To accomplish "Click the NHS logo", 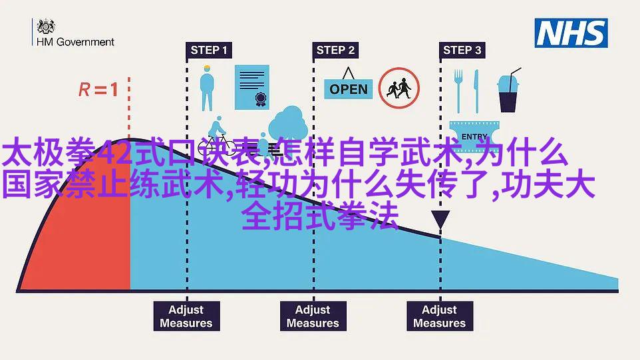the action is pos(571,33).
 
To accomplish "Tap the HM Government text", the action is pos(76,42).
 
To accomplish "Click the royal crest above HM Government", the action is pos(46,26).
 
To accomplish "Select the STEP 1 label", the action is pos(209,50).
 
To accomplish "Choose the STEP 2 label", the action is pos(335,50).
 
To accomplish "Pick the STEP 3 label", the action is pos(462,50).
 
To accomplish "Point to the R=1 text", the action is pos(98,89).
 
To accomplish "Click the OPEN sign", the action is pos(349,85).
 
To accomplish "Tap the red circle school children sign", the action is pos(399,88).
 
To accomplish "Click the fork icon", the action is pos(459,91).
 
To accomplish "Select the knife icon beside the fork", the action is pos(476,91).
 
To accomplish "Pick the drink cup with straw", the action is pos(508,90).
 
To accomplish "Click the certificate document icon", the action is pos(252,87).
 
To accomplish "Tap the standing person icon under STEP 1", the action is pos(207,88).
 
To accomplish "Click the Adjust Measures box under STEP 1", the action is pos(186,316).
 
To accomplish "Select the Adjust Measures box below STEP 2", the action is pos(313,316).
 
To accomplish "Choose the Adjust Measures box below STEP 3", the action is pos(440,316).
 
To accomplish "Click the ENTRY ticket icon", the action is pos(474,136).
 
